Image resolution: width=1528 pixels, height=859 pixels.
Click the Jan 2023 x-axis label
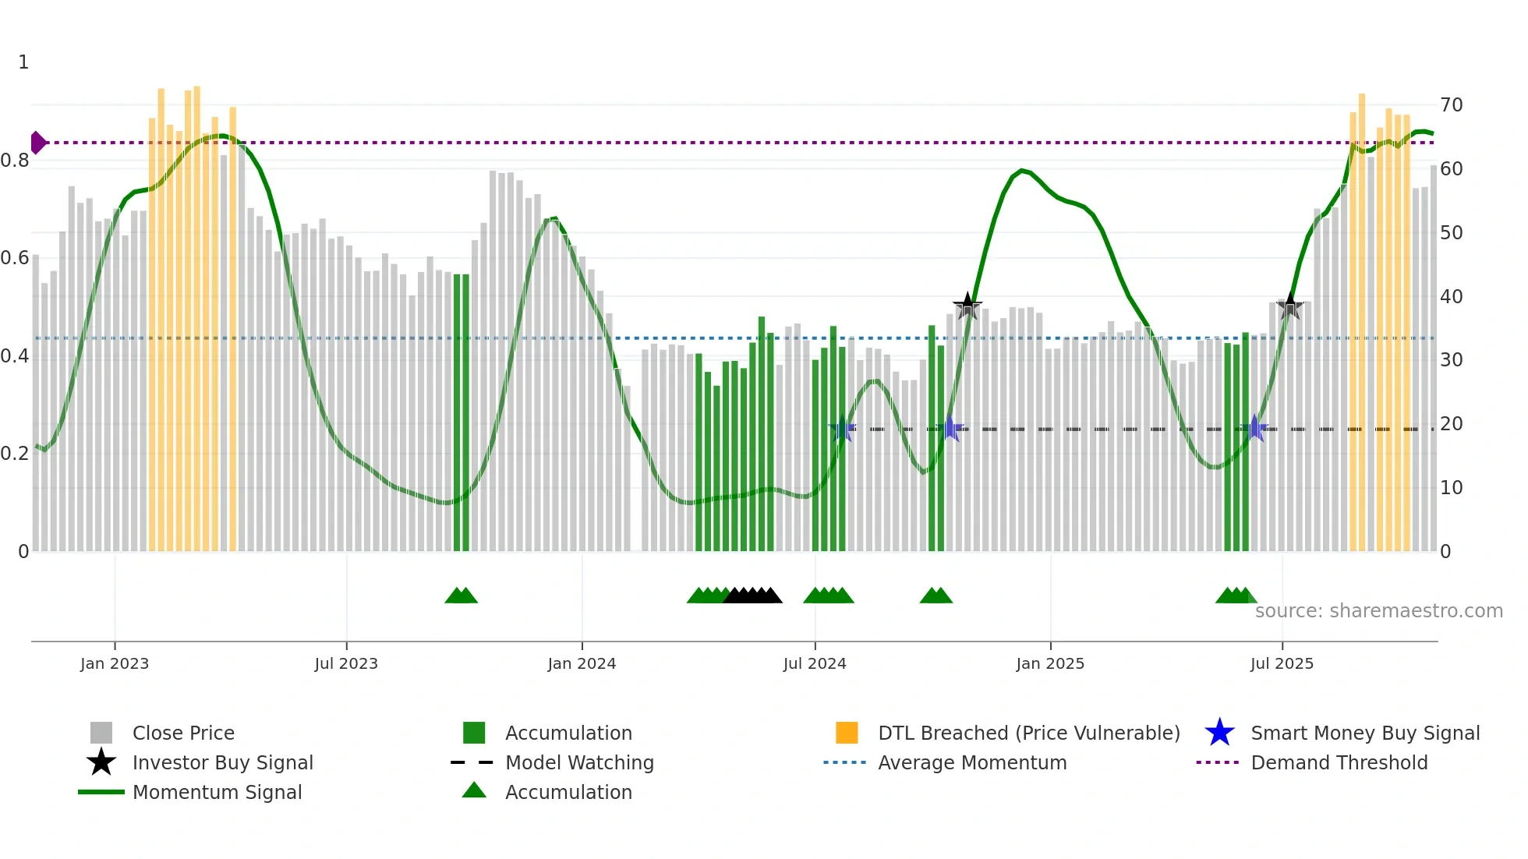(x=115, y=663)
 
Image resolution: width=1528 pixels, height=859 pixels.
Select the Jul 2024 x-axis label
(x=815, y=663)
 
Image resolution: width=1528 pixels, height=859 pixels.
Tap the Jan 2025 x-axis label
(x=1050, y=663)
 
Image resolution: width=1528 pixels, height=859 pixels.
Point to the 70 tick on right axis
(x=1451, y=105)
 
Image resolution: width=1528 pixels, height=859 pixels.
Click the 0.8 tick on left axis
(x=15, y=161)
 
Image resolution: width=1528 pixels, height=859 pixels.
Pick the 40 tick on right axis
(x=1451, y=297)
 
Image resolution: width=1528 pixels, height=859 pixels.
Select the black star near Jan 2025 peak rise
(x=967, y=306)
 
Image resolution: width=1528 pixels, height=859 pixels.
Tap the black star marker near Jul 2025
(x=1290, y=306)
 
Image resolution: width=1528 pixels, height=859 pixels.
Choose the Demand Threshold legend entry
(x=1339, y=762)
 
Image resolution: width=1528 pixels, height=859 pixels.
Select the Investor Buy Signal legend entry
(x=222, y=762)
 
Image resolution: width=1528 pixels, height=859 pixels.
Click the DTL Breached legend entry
(x=1028, y=733)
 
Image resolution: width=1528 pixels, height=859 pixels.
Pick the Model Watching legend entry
(x=578, y=762)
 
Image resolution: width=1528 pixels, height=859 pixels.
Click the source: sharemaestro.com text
(x=1378, y=611)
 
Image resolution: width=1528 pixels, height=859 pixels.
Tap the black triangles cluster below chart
(x=752, y=596)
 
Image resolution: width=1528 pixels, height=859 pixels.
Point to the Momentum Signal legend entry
(x=217, y=792)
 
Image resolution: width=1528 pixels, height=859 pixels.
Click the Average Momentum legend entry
(x=971, y=762)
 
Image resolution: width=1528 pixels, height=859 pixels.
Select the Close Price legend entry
(x=183, y=733)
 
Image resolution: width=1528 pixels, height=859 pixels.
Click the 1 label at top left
(x=23, y=62)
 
